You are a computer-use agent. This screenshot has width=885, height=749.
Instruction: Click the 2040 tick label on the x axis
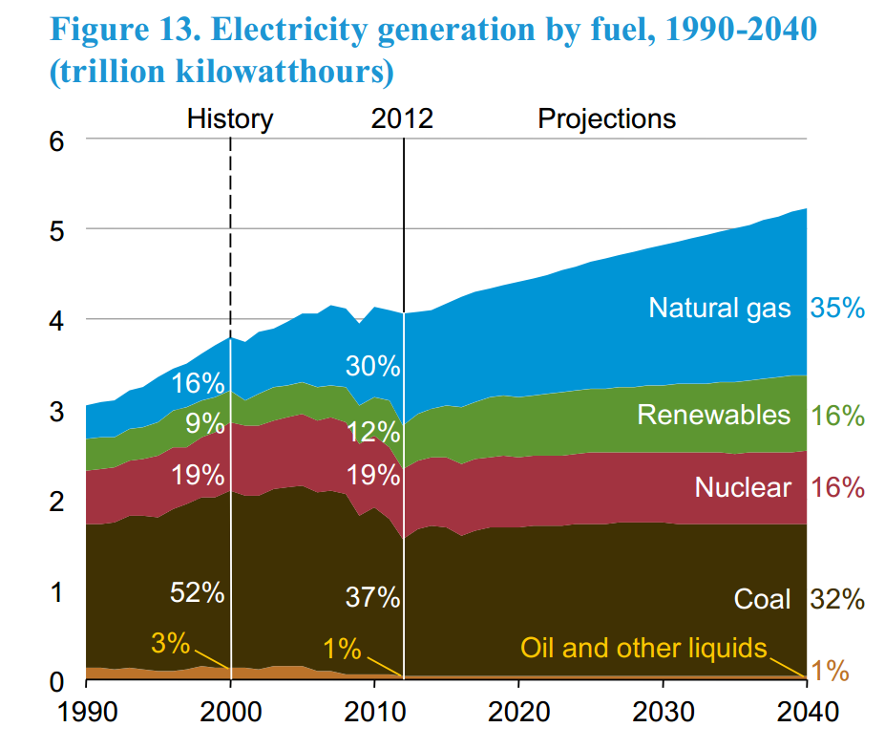(807, 712)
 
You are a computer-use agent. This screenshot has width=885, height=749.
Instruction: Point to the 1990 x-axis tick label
(86, 712)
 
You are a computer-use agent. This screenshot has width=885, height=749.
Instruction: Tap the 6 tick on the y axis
(55, 139)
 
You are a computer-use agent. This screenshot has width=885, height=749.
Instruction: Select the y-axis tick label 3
(55, 411)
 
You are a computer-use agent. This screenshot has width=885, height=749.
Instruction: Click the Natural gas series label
(720, 308)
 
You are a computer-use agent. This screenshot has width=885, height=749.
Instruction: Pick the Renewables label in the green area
(714, 415)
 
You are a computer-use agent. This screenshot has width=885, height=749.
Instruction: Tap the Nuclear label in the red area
(743, 487)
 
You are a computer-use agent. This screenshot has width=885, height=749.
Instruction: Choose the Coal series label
(762, 599)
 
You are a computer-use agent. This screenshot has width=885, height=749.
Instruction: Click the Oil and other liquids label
(643, 648)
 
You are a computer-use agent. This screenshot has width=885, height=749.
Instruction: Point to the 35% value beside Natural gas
(837, 308)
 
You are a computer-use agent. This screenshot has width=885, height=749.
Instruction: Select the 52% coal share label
(197, 592)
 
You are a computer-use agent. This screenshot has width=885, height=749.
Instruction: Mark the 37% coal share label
(372, 598)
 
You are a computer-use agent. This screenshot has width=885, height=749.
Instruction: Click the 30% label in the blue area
(373, 366)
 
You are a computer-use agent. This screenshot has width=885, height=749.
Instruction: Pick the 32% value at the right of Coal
(837, 599)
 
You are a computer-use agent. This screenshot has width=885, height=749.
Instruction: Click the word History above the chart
(230, 119)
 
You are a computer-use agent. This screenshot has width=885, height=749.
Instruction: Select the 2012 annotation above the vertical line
(402, 119)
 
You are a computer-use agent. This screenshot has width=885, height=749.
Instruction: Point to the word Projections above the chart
(607, 119)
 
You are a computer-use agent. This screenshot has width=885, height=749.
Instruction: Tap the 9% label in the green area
(204, 422)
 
